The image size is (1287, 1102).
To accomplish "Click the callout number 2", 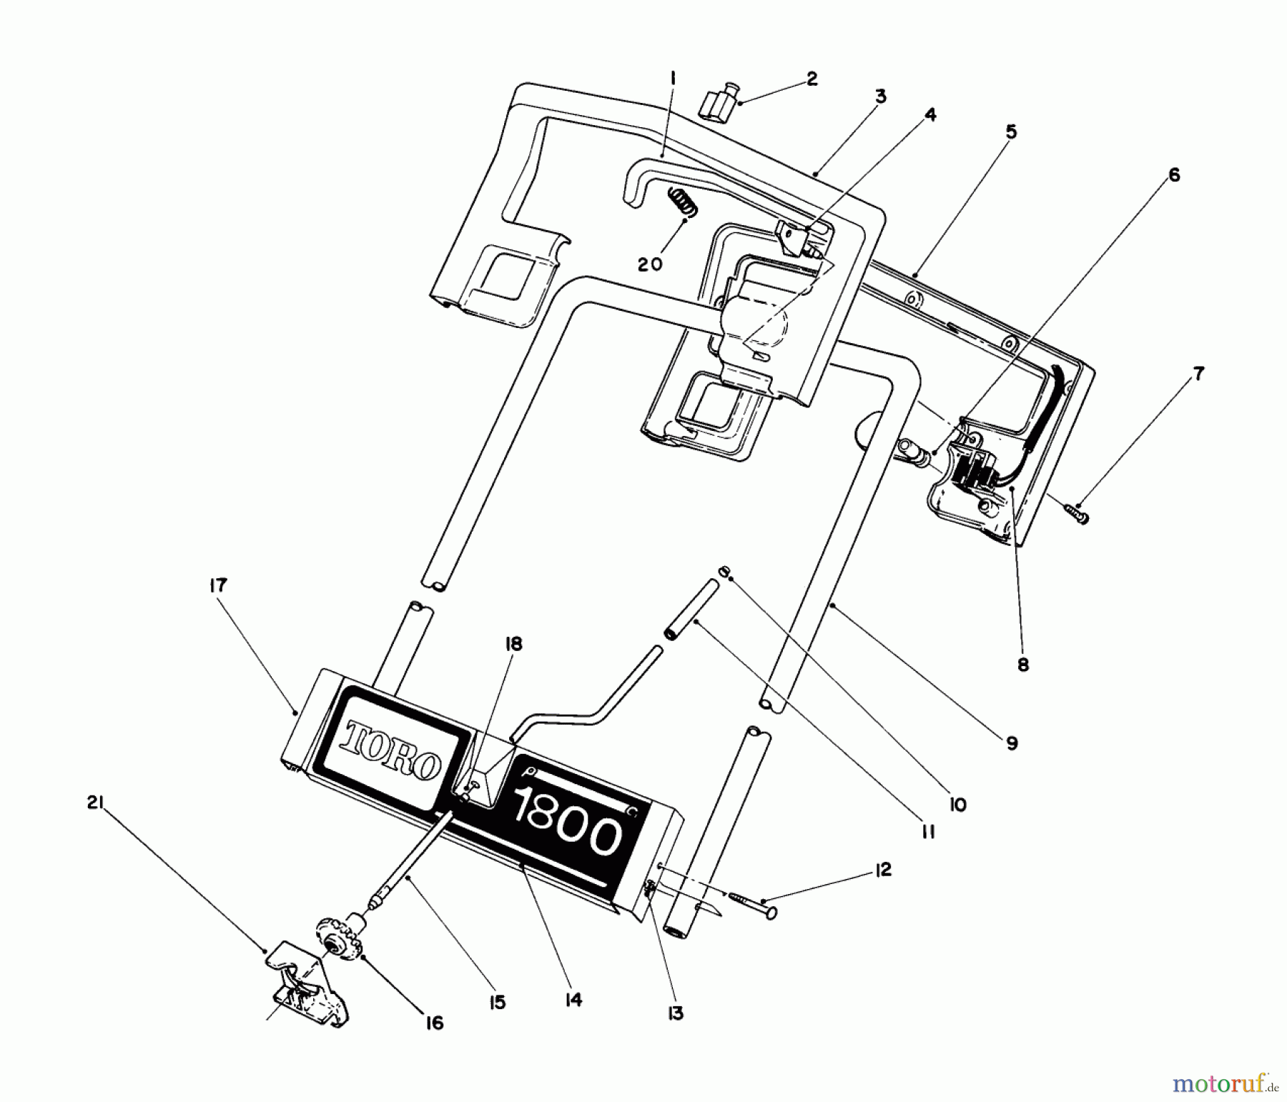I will (812, 79).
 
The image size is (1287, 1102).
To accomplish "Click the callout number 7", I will (1198, 373).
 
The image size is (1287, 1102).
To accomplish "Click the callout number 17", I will (218, 586).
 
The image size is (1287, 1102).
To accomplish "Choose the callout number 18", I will (513, 644).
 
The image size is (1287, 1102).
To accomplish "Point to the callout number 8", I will (1023, 665).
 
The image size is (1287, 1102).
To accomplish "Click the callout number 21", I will (96, 804).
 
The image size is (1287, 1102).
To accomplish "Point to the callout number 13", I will (676, 1013).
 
